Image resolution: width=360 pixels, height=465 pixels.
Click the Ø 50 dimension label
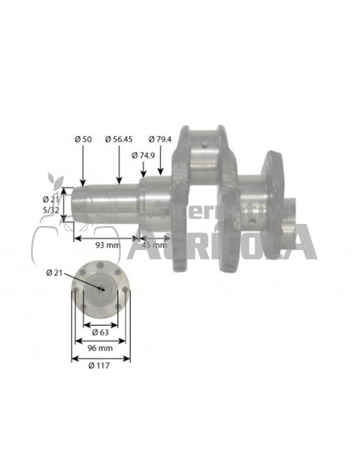[x=83, y=139]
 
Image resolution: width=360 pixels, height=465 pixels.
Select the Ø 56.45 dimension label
[x=120, y=139]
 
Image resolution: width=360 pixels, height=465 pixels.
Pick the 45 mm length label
[x=154, y=244]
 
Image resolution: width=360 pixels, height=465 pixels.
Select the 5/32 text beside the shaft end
[x=51, y=209]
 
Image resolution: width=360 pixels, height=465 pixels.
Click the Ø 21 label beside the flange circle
[x=56, y=274]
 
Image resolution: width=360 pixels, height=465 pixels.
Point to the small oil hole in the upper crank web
[x=206, y=145]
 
